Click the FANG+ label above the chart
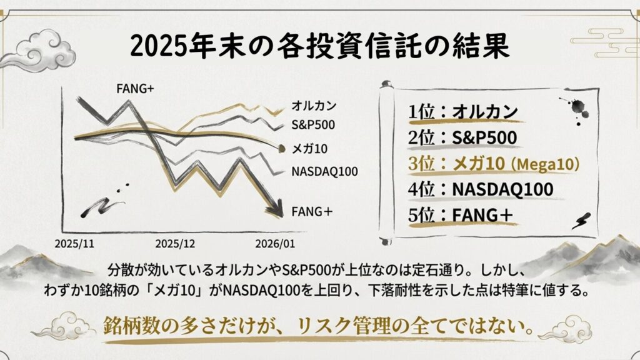[x=135, y=88]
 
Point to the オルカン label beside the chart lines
[x=314, y=106]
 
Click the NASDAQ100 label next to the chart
[x=324, y=171]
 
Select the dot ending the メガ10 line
[x=279, y=148]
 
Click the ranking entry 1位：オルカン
[x=463, y=112]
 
